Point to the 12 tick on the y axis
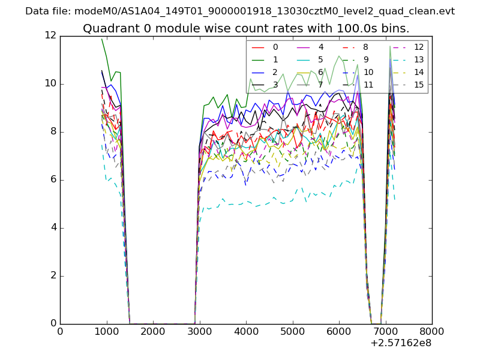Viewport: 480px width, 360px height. (50, 35)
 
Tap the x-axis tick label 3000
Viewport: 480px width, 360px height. (199, 331)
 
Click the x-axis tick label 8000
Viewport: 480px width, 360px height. (432, 331)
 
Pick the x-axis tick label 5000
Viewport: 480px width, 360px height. (292, 331)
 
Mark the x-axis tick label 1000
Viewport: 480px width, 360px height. (106, 331)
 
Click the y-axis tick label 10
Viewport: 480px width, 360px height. (50, 83)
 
